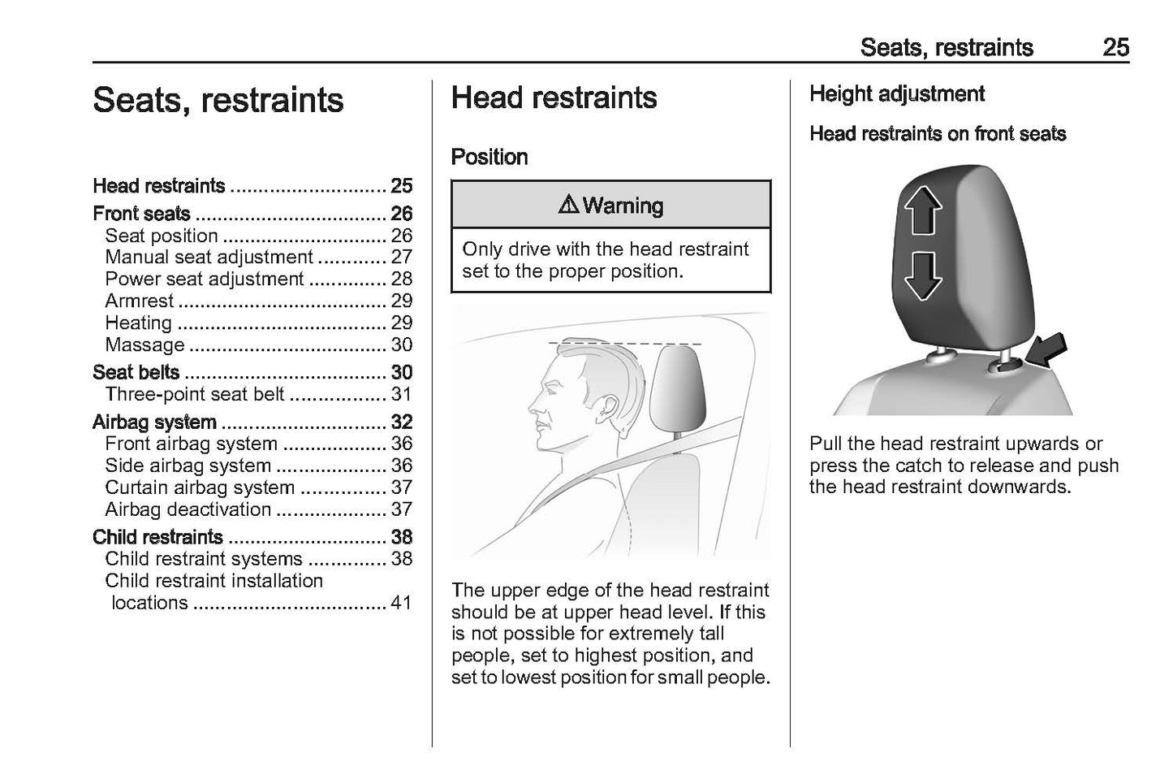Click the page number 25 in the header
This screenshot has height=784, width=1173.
pyautogui.click(x=1115, y=47)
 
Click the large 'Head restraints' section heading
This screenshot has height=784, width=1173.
pyautogui.click(x=554, y=98)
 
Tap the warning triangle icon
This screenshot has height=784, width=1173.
pyautogui.click(x=569, y=206)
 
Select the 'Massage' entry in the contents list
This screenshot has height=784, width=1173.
pyautogui.click(x=145, y=344)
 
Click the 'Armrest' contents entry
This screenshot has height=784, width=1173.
pyautogui.click(x=140, y=301)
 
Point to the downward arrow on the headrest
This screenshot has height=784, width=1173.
pyautogui.click(x=923, y=275)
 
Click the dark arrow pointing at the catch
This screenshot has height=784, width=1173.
pyautogui.click(x=1045, y=354)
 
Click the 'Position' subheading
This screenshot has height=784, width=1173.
pyautogui.click(x=489, y=157)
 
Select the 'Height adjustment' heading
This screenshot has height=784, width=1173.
pyautogui.click(x=897, y=94)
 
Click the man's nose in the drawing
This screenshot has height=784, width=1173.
pyautogui.click(x=533, y=404)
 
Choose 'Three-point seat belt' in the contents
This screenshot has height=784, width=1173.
pyautogui.click(x=195, y=394)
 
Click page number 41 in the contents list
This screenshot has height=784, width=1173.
pyautogui.click(x=401, y=603)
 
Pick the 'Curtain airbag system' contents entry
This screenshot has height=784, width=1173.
pyautogui.click(x=200, y=487)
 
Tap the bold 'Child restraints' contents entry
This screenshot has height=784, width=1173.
pyautogui.click(x=157, y=537)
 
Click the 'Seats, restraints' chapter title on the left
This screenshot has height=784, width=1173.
pyautogui.click(x=218, y=101)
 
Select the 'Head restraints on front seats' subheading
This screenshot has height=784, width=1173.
pyautogui.click(x=938, y=134)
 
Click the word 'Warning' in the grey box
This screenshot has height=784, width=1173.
pyautogui.click(x=623, y=206)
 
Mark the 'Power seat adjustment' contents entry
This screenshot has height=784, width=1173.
pyautogui.click(x=205, y=279)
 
